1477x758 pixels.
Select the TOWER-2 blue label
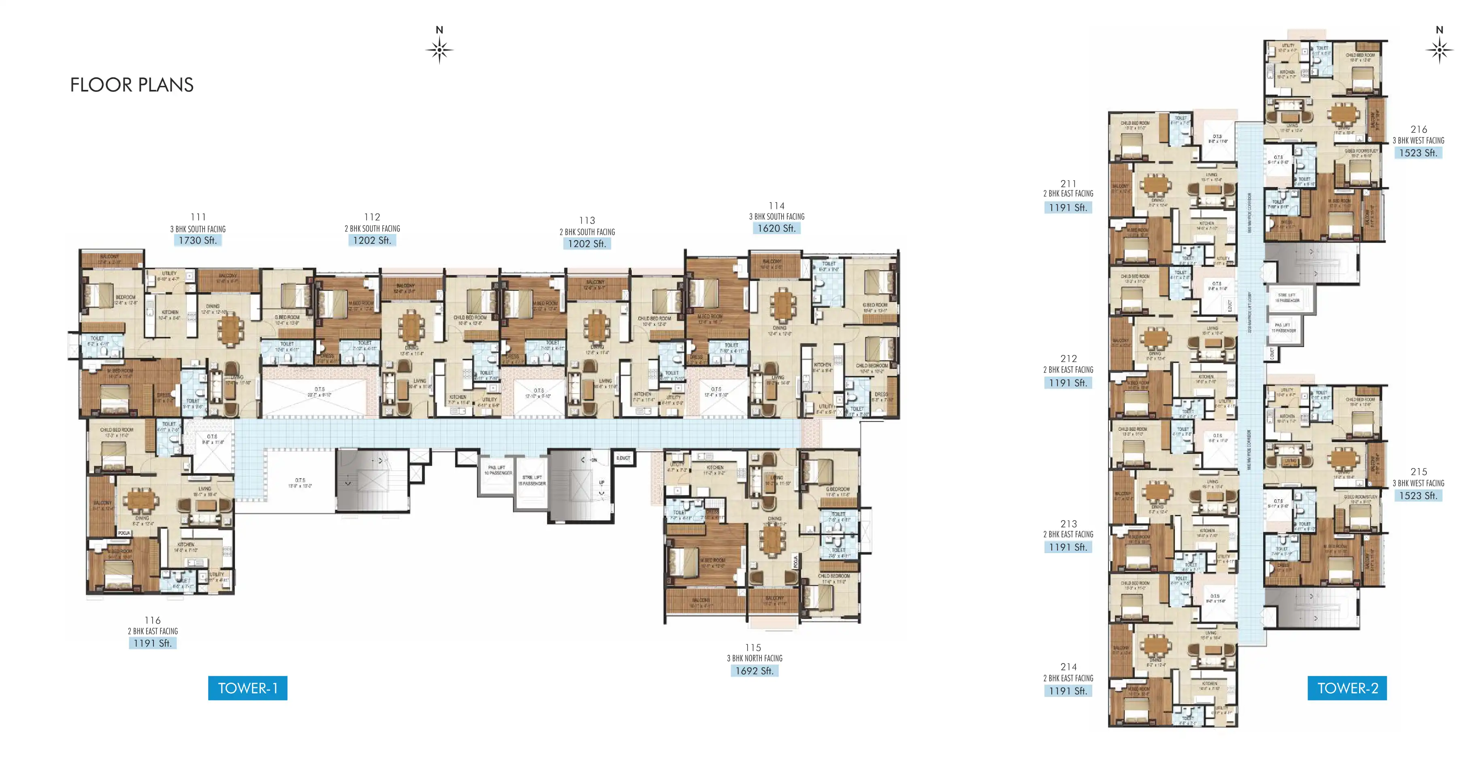tap(1347, 688)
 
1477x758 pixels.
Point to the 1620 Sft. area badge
tap(776, 228)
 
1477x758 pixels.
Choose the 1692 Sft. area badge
tap(754, 671)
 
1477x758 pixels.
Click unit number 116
tap(153, 620)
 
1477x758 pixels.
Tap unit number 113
tap(586, 220)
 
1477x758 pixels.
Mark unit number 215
tap(1419, 471)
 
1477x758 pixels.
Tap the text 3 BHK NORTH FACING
tap(754, 658)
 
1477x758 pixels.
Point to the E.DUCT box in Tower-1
tap(623, 458)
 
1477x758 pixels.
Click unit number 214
tap(1068, 667)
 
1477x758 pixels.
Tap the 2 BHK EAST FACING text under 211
tap(1068, 194)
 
